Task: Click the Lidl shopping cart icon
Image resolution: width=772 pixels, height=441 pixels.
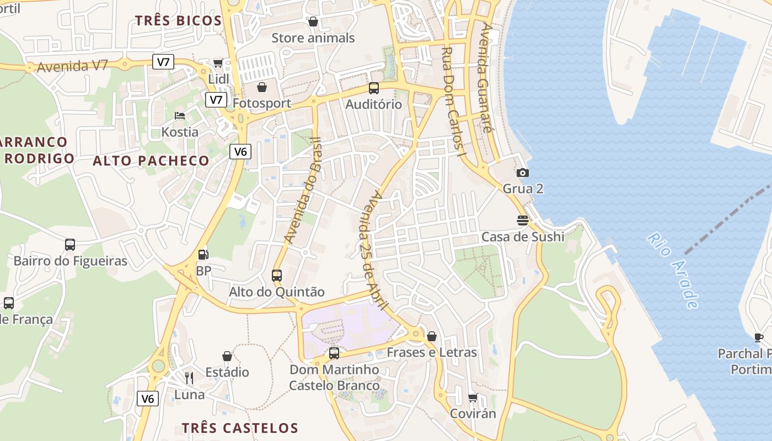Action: (x=218, y=63)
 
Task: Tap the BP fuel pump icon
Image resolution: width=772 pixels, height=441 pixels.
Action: (x=203, y=255)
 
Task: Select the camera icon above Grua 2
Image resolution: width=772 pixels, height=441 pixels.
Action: (x=523, y=173)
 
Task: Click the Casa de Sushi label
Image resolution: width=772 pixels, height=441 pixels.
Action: (x=522, y=237)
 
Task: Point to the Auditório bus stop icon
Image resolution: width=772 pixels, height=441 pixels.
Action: (x=374, y=88)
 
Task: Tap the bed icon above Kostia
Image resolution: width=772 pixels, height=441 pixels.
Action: (x=180, y=116)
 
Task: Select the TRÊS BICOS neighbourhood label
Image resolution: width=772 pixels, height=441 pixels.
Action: (x=178, y=21)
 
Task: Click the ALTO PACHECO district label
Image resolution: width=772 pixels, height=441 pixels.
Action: (x=151, y=161)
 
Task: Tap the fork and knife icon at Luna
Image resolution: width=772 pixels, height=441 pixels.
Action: (x=189, y=378)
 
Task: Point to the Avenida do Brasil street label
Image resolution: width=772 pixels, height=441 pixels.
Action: (x=302, y=190)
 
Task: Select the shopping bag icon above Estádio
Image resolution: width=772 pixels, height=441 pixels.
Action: (x=227, y=356)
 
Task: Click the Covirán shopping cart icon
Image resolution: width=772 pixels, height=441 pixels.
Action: (x=473, y=397)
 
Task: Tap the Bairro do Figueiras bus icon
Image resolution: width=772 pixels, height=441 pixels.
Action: (x=70, y=244)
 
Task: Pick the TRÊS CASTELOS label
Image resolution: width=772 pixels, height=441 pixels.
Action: (x=240, y=428)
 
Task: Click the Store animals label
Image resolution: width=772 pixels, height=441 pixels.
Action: (x=313, y=38)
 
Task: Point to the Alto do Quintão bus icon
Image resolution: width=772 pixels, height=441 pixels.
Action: (x=277, y=275)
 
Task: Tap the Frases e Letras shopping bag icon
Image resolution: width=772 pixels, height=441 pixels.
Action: (x=432, y=336)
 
